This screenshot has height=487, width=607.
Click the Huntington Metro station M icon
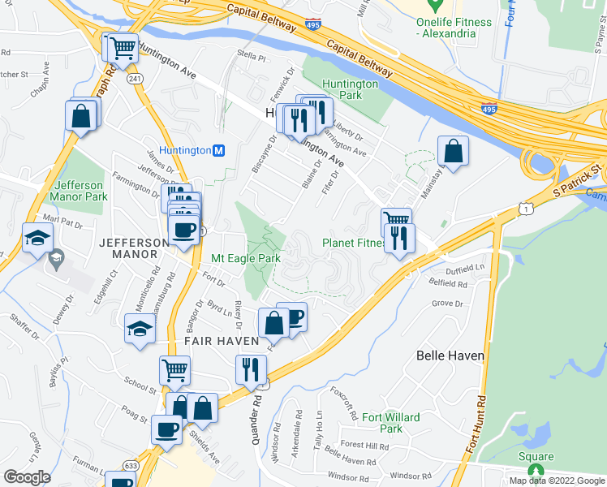click(217, 150)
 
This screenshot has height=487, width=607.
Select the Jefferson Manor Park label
click(78, 191)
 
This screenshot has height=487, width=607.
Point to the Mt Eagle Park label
click(246, 259)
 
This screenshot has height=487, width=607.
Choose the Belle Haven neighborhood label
click(450, 356)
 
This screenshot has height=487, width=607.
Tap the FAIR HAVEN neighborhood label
click(221, 342)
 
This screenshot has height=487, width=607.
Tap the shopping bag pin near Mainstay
click(453, 151)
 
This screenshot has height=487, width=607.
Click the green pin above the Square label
click(535, 470)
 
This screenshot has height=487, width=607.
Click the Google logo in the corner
click(27, 477)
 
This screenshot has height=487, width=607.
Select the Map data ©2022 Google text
click(557, 481)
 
